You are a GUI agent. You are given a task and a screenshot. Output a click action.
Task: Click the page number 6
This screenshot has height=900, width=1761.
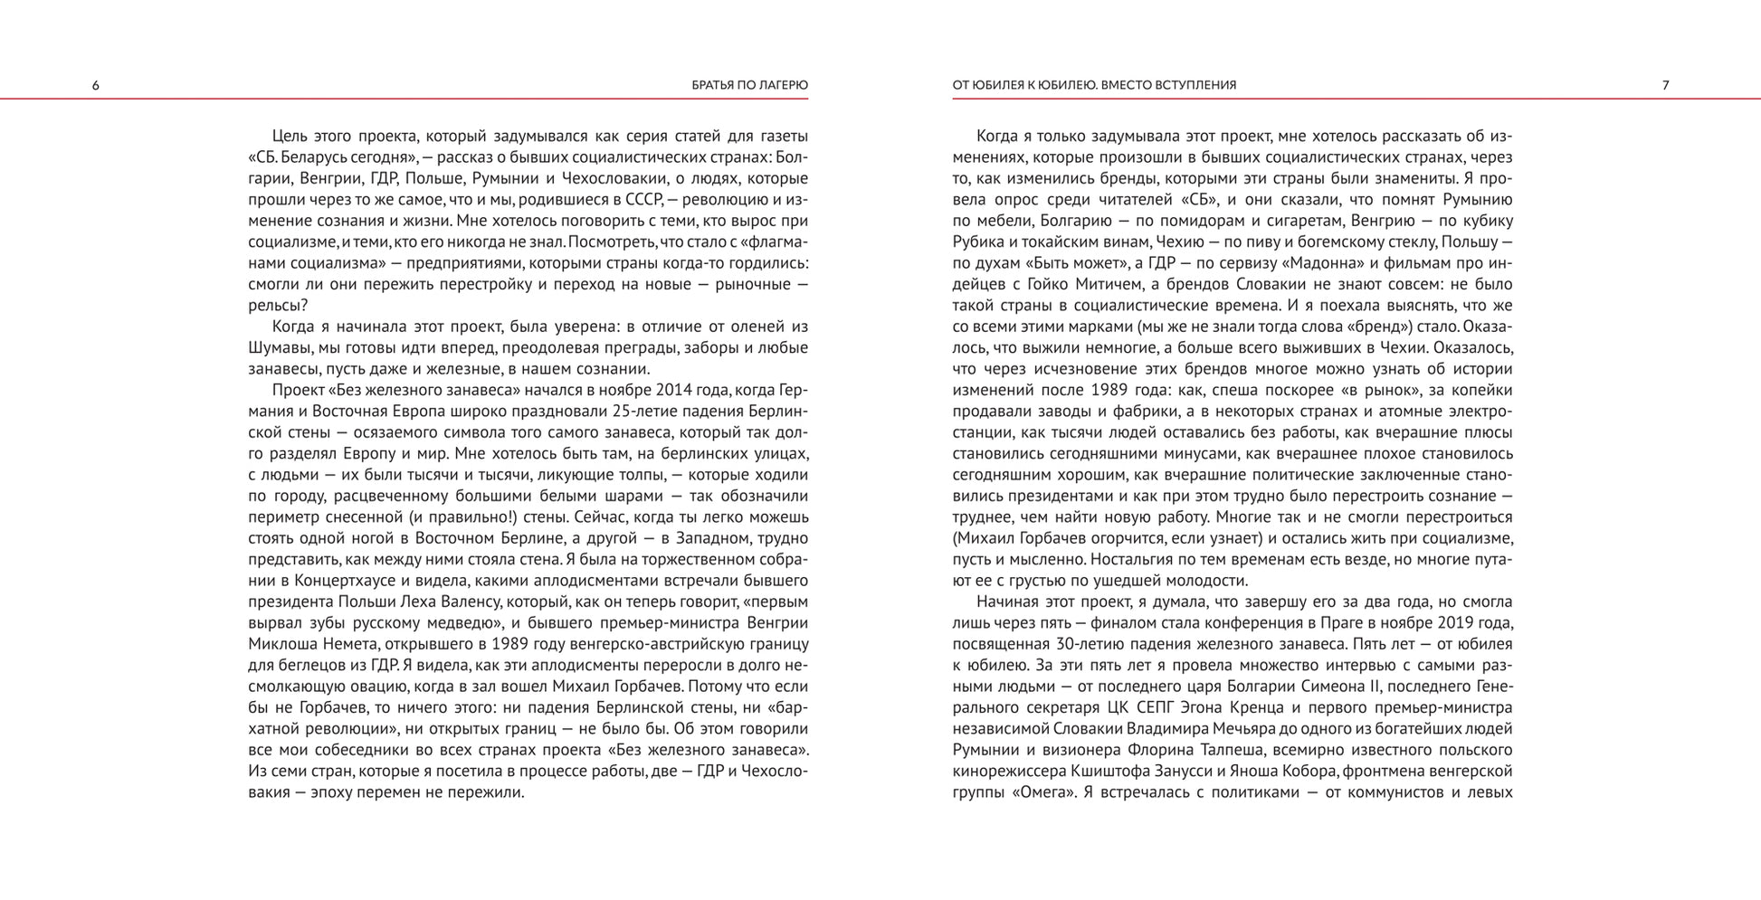click(x=96, y=85)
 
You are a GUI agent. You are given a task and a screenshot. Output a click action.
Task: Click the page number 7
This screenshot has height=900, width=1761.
click(x=1665, y=85)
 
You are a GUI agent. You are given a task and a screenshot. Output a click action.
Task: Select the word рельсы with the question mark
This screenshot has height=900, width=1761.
click(x=278, y=305)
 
